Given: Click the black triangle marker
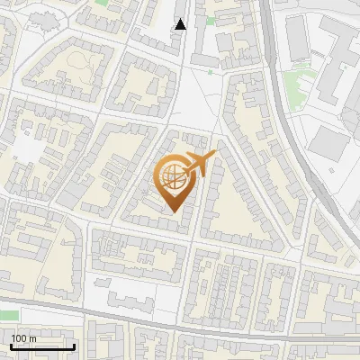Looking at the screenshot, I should pos(181,24).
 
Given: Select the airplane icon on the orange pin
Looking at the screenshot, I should pos(199,164).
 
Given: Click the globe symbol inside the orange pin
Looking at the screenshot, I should pos(171,175).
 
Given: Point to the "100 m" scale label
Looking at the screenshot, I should pos(23,337).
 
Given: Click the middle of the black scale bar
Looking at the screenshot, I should pos(42,346).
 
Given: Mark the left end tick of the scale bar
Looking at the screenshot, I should pos(11,345).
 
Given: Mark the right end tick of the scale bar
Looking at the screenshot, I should pos(74,345).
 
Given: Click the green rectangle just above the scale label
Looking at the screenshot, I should pos(8,315).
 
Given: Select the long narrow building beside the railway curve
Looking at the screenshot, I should pos(298,40).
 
